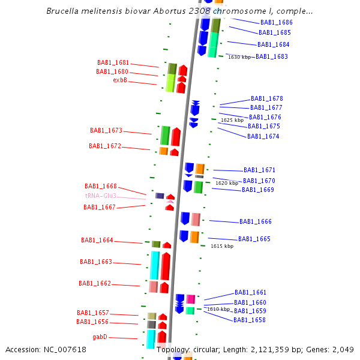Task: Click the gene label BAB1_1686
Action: click(277, 22)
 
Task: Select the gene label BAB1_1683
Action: click(272, 57)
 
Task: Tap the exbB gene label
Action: click(120, 80)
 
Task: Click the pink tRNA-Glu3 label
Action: click(101, 196)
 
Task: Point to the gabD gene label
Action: click(100, 337)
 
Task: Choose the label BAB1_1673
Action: click(106, 130)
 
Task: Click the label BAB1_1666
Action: click(256, 222)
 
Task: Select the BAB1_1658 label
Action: click(250, 320)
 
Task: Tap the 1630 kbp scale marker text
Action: click(239, 57)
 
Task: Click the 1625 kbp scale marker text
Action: click(232, 120)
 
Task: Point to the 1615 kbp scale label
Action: click(222, 246)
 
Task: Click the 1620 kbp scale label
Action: click(227, 183)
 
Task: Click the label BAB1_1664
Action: click(97, 241)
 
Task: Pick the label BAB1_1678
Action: click(267, 99)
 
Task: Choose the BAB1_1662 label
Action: click(95, 284)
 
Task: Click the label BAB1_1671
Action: click(260, 170)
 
